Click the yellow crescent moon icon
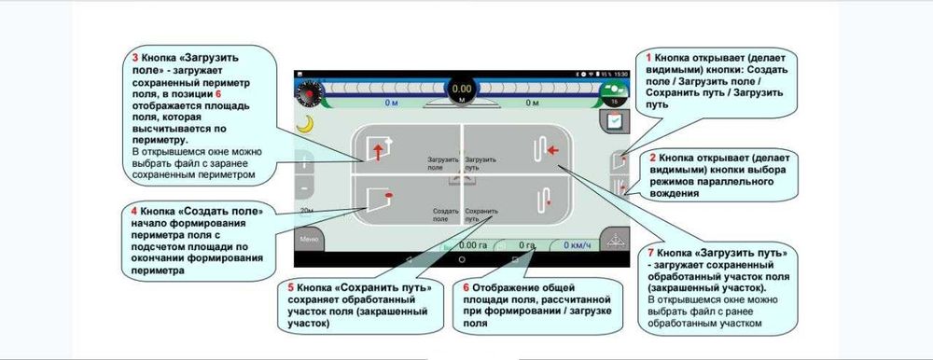tap(303, 123)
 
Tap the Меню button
tap(307, 240)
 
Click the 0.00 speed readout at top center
tap(462, 89)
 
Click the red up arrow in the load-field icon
tap(377, 152)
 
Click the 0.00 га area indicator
tap(472, 245)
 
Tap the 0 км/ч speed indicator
tap(578, 245)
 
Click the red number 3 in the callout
tap(136, 57)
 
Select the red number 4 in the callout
tap(134, 213)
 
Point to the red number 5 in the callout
tap(291, 288)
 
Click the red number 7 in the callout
tap(650, 253)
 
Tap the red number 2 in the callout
tap(652, 159)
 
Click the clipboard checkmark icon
tap(615, 120)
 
